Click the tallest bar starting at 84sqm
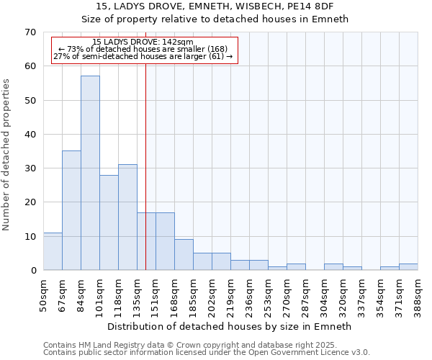tap(90, 173)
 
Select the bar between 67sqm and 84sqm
tap(71, 210)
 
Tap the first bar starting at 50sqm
tap(53, 251)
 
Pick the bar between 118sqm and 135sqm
tap(127, 217)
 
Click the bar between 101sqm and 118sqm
tap(109, 222)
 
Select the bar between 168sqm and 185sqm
tap(184, 255)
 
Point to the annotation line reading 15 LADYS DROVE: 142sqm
tap(143, 42)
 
